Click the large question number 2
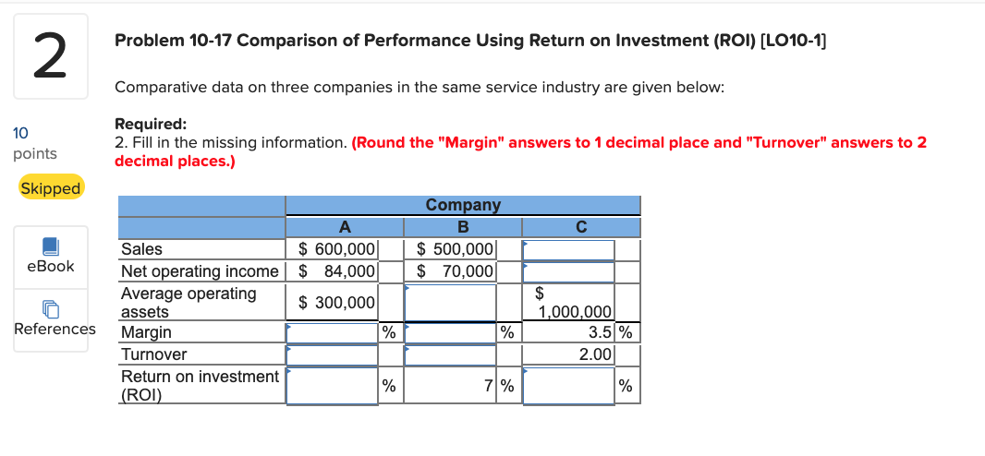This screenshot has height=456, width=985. click(x=51, y=57)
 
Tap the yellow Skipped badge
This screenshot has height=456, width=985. click(x=51, y=188)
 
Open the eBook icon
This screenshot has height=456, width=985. click(x=51, y=246)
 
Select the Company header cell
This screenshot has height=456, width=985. click(x=462, y=205)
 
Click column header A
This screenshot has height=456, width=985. click(x=345, y=226)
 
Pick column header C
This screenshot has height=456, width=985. click(x=580, y=226)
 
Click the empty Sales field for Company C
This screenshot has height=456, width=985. click(x=569, y=249)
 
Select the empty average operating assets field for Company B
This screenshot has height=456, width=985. click(x=450, y=302)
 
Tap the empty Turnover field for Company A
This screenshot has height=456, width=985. click(x=332, y=354)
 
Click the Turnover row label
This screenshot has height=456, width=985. click(x=154, y=354)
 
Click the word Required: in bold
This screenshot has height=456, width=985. click(x=150, y=125)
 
